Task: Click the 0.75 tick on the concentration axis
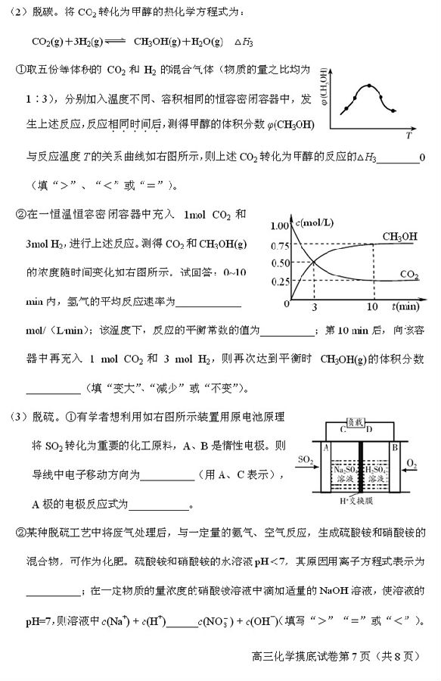point(279,244)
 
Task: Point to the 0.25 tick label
point(279,281)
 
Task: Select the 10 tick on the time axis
point(372,307)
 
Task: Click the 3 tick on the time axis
point(314,307)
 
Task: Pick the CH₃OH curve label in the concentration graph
point(399,237)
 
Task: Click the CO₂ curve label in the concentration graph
point(409,274)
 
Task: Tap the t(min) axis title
point(405,306)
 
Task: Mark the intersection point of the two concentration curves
point(314,263)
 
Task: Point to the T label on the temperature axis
point(408,136)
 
